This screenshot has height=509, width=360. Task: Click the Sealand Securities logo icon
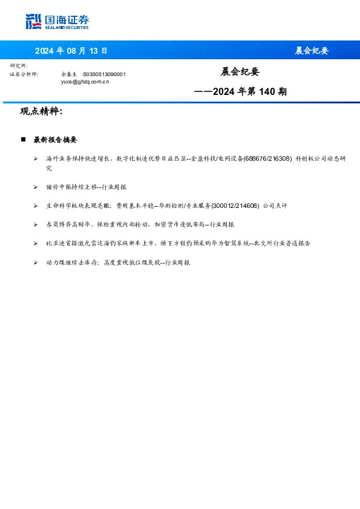click(x=34, y=22)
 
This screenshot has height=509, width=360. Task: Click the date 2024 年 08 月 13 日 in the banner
click(x=71, y=51)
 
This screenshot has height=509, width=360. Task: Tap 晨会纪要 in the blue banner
click(x=312, y=51)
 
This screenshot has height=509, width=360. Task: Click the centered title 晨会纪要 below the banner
click(x=240, y=72)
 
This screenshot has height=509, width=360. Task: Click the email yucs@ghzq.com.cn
click(x=85, y=80)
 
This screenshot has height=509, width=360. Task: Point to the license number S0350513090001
click(x=104, y=74)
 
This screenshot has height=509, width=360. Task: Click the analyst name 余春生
click(x=70, y=74)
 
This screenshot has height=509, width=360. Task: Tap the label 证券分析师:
click(x=24, y=74)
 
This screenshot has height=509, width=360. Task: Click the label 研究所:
click(x=19, y=65)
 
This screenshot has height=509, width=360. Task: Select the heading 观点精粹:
click(x=41, y=112)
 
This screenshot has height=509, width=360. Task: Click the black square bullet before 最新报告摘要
click(x=23, y=140)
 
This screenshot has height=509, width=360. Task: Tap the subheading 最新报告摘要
click(x=55, y=140)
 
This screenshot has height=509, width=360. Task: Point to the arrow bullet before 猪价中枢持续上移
click(x=36, y=187)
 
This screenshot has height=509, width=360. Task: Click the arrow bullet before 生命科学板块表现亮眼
click(x=36, y=206)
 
